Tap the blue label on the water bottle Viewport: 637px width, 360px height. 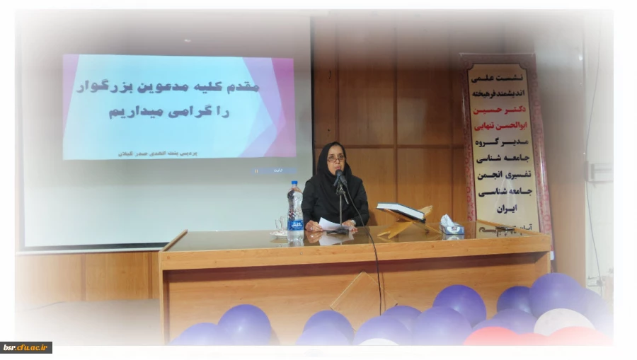click(x=295, y=224)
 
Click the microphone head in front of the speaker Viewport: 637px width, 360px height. click(x=338, y=175)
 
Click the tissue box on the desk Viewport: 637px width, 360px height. click(x=451, y=225)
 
